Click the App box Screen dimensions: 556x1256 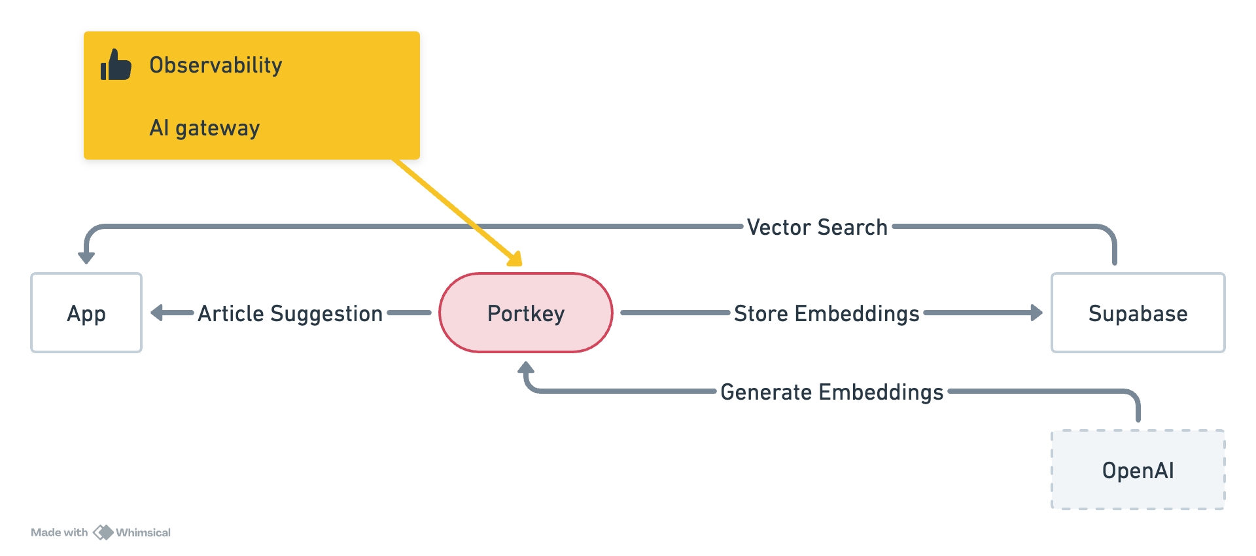tap(86, 313)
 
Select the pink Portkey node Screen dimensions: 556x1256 tap(525, 313)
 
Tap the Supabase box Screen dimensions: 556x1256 tap(1138, 313)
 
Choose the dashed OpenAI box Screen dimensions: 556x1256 tap(1138, 470)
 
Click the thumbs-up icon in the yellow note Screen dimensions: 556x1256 tap(116, 65)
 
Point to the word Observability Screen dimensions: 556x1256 tap(215, 65)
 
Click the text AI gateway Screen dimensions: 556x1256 tap(204, 128)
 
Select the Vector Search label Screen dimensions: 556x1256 tap(817, 227)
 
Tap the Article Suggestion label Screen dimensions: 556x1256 tap(290, 313)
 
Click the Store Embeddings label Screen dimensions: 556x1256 tap(826, 313)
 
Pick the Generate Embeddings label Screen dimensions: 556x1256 tap(831, 392)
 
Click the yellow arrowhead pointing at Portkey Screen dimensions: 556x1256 tap(515, 259)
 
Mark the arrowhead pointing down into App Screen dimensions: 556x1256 tap(86, 257)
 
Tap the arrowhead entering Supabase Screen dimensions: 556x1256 tap(1036, 313)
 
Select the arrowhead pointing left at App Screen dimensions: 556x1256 tap(157, 313)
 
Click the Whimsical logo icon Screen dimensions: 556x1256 tap(103, 532)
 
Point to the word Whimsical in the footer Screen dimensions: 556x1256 tap(143, 532)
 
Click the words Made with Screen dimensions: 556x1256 tap(59, 532)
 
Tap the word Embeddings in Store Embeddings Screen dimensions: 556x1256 tap(857, 313)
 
